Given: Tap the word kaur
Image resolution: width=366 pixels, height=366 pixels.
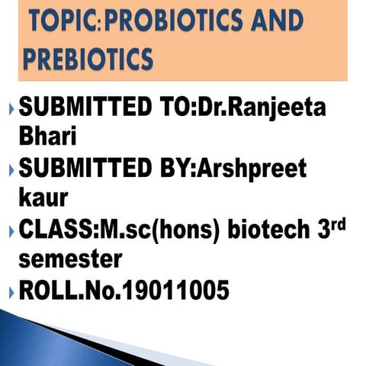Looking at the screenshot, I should [43, 197].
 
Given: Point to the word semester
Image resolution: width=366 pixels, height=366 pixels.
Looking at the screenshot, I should [69, 258].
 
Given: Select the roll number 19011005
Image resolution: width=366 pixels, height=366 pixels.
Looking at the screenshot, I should [170, 291].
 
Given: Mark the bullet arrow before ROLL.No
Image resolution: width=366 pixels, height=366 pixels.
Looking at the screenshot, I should [9, 291].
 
